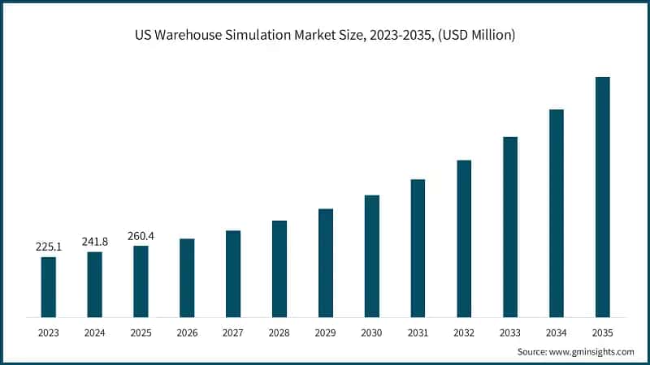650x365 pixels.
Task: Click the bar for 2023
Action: point(49,287)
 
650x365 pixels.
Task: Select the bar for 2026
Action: point(187,277)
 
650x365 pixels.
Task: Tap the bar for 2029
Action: point(326,263)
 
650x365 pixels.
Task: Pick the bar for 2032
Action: point(464,238)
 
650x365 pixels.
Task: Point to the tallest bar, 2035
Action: point(602,197)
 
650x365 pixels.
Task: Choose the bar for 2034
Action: point(557,213)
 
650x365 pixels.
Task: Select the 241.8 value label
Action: point(95,241)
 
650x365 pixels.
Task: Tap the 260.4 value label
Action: point(141,235)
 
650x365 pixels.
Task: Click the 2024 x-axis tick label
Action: point(95,333)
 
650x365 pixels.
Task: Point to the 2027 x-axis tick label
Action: point(233,333)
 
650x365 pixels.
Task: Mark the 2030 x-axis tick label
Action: point(372,333)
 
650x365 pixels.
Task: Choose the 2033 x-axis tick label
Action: point(510,333)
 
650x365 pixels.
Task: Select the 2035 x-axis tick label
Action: point(602,333)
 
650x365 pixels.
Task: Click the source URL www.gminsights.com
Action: point(593,352)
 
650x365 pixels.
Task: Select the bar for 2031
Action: point(418,248)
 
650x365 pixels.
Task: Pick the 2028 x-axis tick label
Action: point(279,333)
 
